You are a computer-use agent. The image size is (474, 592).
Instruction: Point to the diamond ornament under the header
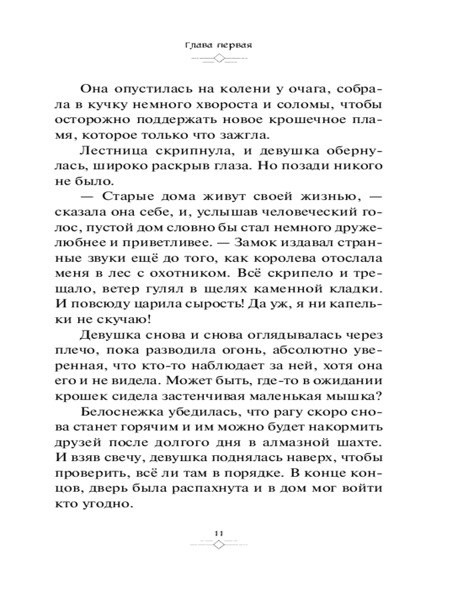(x=219, y=58)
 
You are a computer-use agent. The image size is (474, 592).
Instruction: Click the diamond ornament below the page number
(x=218, y=545)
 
